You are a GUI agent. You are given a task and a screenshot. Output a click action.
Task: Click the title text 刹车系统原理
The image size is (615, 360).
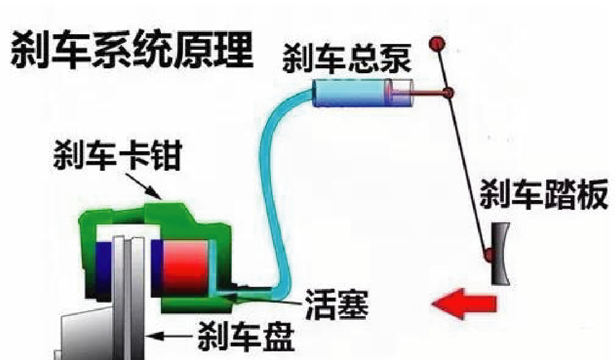pos(132,50)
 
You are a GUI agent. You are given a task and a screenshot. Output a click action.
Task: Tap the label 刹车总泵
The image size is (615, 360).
pos(347,60)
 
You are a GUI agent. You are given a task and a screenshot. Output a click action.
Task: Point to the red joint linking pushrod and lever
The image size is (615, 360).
pos(448,94)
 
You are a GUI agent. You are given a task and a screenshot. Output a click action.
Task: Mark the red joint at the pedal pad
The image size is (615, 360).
pos(489,254)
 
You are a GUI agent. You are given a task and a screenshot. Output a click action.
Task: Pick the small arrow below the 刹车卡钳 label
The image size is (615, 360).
pos(146,185)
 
